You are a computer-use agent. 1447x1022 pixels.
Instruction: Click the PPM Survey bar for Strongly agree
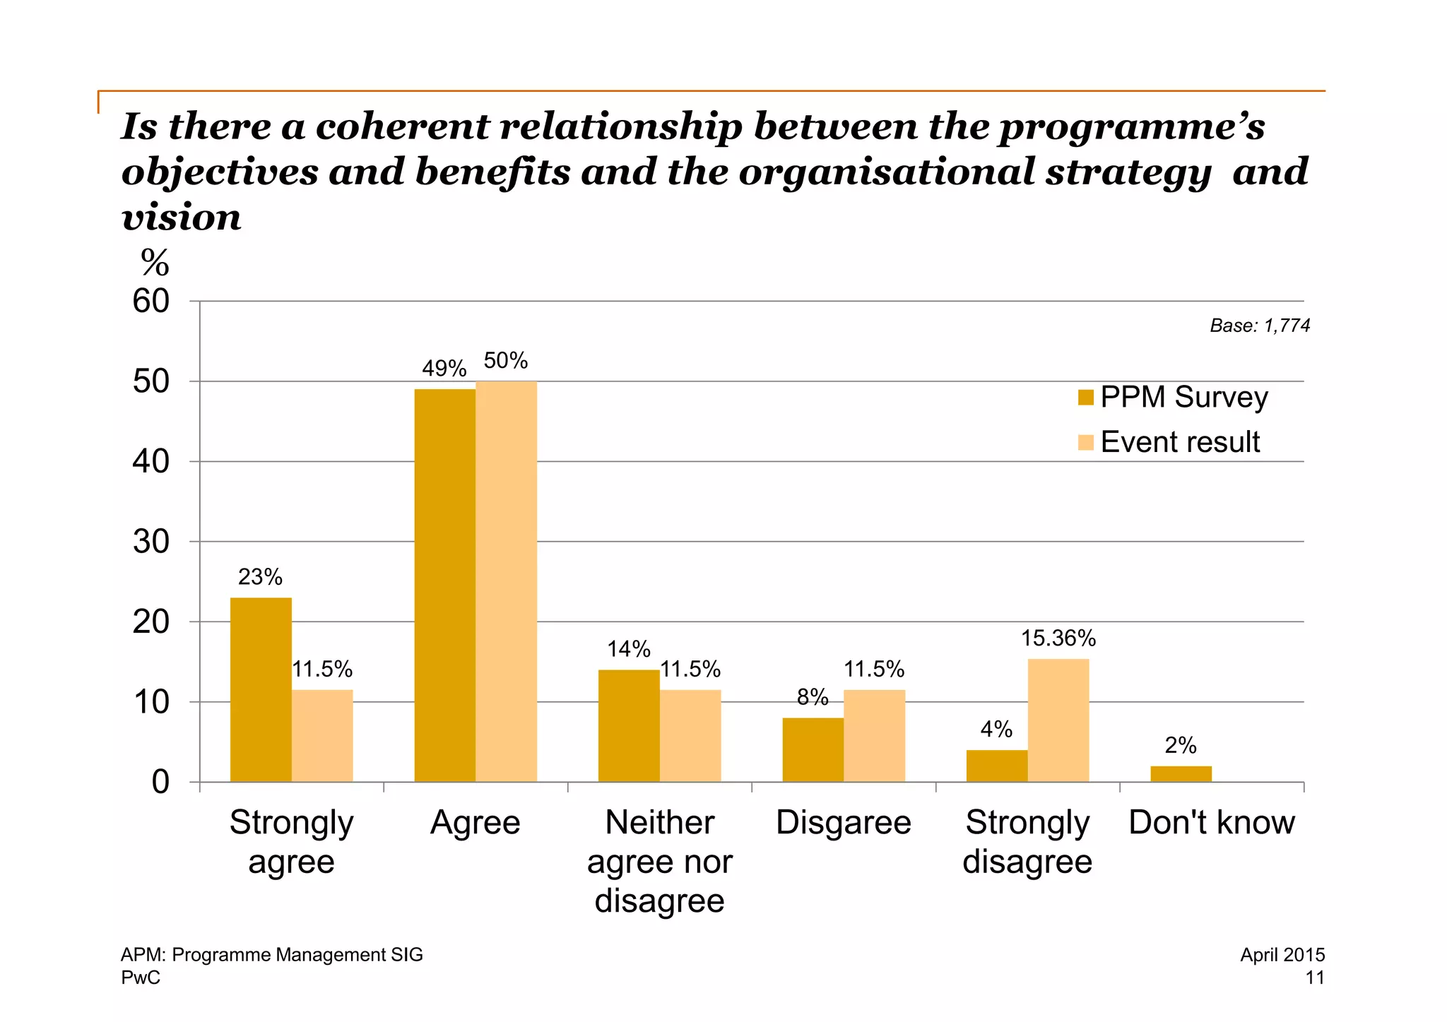(x=261, y=689)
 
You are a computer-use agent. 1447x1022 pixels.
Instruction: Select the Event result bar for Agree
(x=506, y=581)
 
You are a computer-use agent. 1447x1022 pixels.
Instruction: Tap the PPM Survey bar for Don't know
(x=1181, y=774)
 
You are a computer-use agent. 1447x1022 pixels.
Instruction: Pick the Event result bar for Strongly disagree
(x=1058, y=720)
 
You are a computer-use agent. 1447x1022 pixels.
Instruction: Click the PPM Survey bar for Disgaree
(x=813, y=749)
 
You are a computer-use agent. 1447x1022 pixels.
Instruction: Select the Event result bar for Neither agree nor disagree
(x=690, y=735)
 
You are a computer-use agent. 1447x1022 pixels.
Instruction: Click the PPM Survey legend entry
(x=1173, y=397)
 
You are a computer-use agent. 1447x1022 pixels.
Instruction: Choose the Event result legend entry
(x=1169, y=442)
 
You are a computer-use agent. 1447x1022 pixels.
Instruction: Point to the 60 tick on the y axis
(x=151, y=302)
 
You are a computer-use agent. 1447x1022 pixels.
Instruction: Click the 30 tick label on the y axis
(x=151, y=542)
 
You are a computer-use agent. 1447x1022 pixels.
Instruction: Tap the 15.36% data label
(x=1058, y=638)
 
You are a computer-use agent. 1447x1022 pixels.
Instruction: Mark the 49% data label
(x=444, y=369)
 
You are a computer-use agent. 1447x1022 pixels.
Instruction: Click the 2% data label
(x=1180, y=745)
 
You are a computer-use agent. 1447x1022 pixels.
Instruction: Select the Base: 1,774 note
(x=1260, y=326)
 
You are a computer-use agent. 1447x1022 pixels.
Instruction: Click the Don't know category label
(x=1211, y=823)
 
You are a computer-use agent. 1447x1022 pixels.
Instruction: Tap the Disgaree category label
(x=843, y=823)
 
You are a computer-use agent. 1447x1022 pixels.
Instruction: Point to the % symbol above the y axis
(x=155, y=263)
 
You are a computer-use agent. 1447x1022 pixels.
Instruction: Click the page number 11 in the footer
(x=1314, y=978)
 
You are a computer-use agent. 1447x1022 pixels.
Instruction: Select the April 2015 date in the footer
(x=1282, y=955)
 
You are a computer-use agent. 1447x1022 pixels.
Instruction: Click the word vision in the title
(x=182, y=218)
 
